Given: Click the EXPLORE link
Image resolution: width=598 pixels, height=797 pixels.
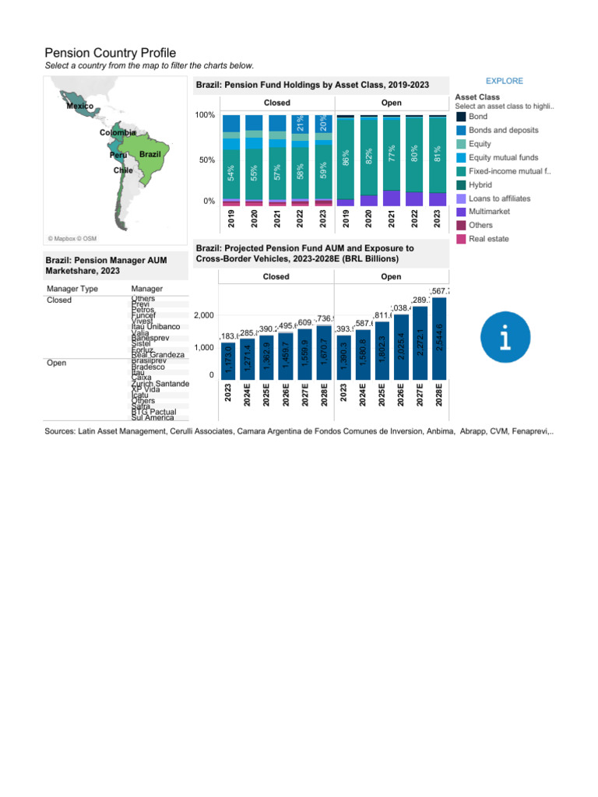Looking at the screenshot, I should tap(504, 81).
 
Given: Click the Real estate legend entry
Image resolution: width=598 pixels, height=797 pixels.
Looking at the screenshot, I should tap(486, 239).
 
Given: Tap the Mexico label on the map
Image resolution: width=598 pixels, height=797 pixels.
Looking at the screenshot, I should tap(79, 106).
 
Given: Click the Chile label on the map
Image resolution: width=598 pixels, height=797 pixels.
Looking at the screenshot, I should tap(123, 170).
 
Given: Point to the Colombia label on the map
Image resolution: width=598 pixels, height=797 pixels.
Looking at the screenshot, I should tap(118, 133).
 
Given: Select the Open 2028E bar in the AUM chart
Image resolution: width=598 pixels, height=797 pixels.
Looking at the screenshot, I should tap(439, 337).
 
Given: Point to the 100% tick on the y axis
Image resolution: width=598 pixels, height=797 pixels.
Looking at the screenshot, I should tap(205, 115).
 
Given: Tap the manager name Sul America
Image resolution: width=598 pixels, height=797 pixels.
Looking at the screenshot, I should tap(153, 417).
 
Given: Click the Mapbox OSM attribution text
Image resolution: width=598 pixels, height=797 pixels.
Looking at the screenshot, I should tap(72, 238).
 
